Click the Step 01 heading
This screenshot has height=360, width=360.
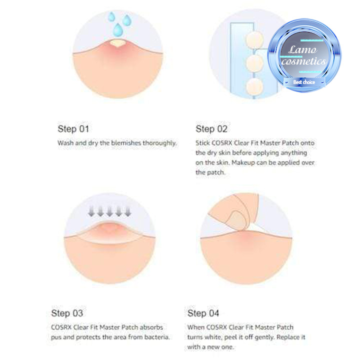pyautogui.click(x=73, y=129)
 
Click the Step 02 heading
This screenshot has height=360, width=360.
pyautogui.click(x=211, y=129)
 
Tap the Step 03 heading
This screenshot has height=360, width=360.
pyautogui.click(x=67, y=313)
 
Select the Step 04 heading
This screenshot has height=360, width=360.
pyautogui.click(x=203, y=313)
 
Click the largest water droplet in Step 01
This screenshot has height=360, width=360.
pyautogui.click(x=118, y=30)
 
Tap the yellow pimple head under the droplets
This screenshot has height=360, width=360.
pyautogui.click(x=117, y=43)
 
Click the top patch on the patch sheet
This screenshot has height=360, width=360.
pyautogui.click(x=254, y=40)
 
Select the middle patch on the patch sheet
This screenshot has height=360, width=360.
pyautogui.click(x=254, y=63)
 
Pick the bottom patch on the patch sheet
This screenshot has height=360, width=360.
pyautogui.click(x=254, y=86)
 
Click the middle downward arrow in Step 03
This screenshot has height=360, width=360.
pyautogui.click(x=109, y=211)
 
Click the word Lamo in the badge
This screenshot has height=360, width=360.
pyautogui.click(x=302, y=49)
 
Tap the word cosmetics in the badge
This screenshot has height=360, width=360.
pyautogui.click(x=303, y=61)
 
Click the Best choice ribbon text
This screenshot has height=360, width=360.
pyautogui.click(x=304, y=82)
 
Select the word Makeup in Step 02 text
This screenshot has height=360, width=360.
pyautogui.click(x=243, y=162)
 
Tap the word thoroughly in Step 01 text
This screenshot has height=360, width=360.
pyautogui.click(x=160, y=143)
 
